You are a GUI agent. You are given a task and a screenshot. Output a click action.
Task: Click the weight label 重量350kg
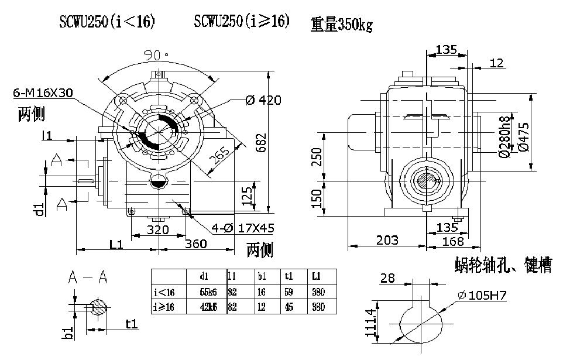[x=342, y=24]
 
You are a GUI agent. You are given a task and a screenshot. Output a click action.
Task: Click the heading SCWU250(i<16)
[x=107, y=22]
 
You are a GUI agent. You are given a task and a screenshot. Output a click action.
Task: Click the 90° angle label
[x=156, y=55]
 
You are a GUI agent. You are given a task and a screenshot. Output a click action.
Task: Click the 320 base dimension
[x=157, y=229]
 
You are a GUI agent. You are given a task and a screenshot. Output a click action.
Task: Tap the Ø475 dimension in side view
[x=524, y=136]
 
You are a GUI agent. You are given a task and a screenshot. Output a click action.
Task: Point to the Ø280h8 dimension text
[x=503, y=136]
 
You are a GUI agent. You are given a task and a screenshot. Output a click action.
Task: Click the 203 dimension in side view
[x=387, y=239]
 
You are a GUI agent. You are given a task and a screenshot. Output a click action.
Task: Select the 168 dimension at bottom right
[x=451, y=241]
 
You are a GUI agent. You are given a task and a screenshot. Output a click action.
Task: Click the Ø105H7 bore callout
[x=482, y=296]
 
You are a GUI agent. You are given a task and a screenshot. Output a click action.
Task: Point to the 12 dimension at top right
[x=497, y=63]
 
